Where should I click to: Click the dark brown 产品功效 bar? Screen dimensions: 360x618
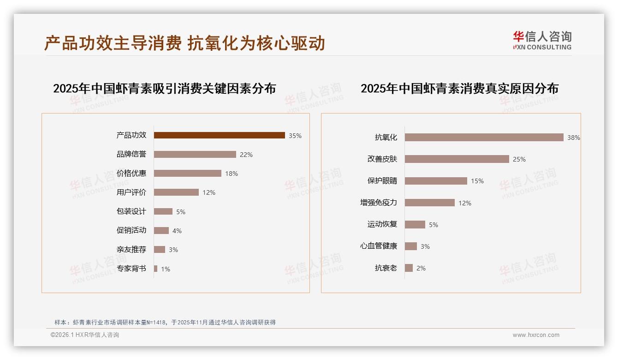[x=219, y=135]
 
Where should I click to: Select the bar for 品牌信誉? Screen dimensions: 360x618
[x=195, y=154]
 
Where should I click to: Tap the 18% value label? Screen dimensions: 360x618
[x=232, y=174]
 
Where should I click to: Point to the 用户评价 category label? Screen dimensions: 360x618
[x=131, y=192]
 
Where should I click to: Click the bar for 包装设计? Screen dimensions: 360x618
[x=163, y=211]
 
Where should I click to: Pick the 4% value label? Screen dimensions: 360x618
[x=177, y=231]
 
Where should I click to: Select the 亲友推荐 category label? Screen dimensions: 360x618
[x=131, y=250]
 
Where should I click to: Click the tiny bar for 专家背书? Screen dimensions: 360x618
[x=155, y=269]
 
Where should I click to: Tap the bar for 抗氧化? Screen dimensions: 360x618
[x=484, y=137]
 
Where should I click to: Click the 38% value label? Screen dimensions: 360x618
[x=574, y=138]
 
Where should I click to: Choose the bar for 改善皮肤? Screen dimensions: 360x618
[x=457, y=159]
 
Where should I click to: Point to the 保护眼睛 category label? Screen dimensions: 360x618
[x=382, y=181]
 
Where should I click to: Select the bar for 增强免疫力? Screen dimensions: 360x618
[x=429, y=203]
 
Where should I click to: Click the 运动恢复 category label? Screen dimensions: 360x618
[x=382, y=224]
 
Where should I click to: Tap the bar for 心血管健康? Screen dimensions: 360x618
[x=410, y=246]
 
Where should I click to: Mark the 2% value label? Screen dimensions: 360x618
[x=421, y=268]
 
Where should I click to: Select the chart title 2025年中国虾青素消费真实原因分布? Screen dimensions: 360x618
[x=459, y=89]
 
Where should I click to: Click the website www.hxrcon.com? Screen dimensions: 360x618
[x=536, y=335]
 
